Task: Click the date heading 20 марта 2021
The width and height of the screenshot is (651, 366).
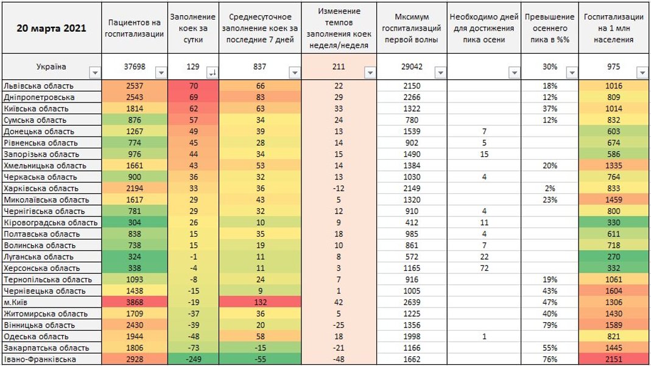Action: [x=51, y=28]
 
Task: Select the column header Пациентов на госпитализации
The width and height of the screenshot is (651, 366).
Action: [x=135, y=28]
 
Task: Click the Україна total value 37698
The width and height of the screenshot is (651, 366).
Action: [x=135, y=66]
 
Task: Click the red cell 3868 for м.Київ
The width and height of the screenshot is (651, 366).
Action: [x=135, y=303]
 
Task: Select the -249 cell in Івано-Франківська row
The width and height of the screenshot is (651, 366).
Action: [x=194, y=359]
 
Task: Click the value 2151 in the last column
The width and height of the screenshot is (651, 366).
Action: [x=614, y=359]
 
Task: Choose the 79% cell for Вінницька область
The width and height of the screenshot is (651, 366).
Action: [x=549, y=325]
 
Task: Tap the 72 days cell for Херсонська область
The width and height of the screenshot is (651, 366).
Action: [x=484, y=268]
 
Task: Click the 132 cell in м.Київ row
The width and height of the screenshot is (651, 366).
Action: [x=260, y=303]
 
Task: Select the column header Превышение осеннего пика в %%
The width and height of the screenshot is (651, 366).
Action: [x=549, y=28]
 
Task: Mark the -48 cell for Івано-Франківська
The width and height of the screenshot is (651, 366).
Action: [x=339, y=359]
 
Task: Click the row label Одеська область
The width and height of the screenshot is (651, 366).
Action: [x=36, y=337]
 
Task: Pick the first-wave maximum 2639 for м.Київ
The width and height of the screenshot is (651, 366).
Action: [x=412, y=303]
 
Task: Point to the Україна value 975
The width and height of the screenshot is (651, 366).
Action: [x=614, y=66]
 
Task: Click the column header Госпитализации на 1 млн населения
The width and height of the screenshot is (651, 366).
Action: [x=614, y=28]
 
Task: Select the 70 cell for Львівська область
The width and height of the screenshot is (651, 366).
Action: [x=194, y=86]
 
